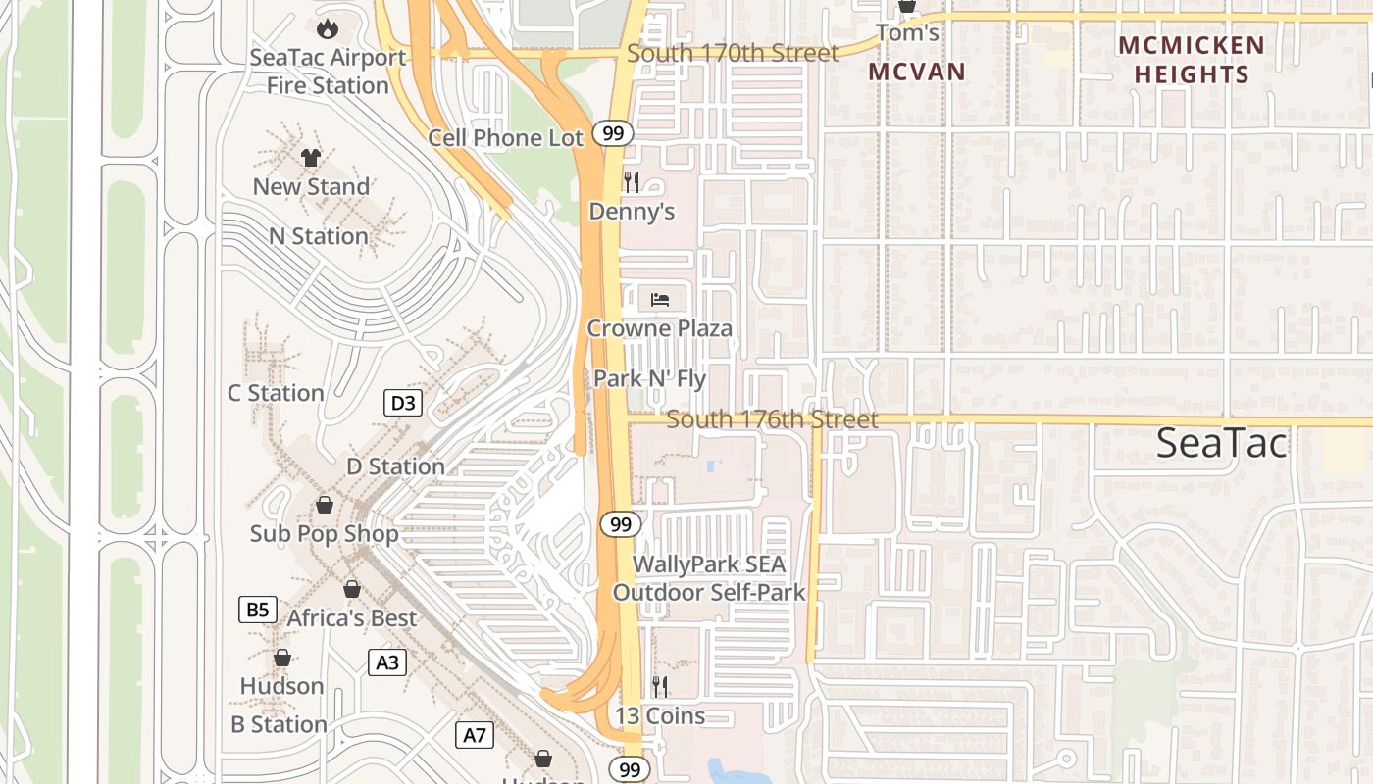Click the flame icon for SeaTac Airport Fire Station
pyautogui.click(x=327, y=28)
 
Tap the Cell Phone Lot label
pyautogui.click(x=505, y=138)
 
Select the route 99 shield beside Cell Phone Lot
pyautogui.click(x=613, y=133)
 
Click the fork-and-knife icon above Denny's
pyautogui.click(x=632, y=181)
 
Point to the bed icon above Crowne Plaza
pyautogui.click(x=660, y=299)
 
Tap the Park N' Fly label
pyautogui.click(x=649, y=378)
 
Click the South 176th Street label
pyautogui.click(x=772, y=419)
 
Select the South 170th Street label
pyautogui.click(x=733, y=53)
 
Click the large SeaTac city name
pyautogui.click(x=1221, y=443)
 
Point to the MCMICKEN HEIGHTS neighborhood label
pyautogui.click(x=1192, y=60)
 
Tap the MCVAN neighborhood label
pyautogui.click(x=917, y=72)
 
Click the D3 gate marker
pyautogui.click(x=403, y=403)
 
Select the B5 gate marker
pyautogui.click(x=257, y=610)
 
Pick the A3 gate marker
pyautogui.click(x=387, y=662)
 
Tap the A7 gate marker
pyautogui.click(x=475, y=734)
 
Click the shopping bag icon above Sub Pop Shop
pyautogui.click(x=324, y=505)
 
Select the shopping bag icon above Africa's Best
pyautogui.click(x=351, y=589)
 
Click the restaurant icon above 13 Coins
pyautogui.click(x=660, y=686)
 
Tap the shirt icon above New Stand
pyautogui.click(x=311, y=157)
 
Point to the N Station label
pyautogui.click(x=319, y=236)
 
